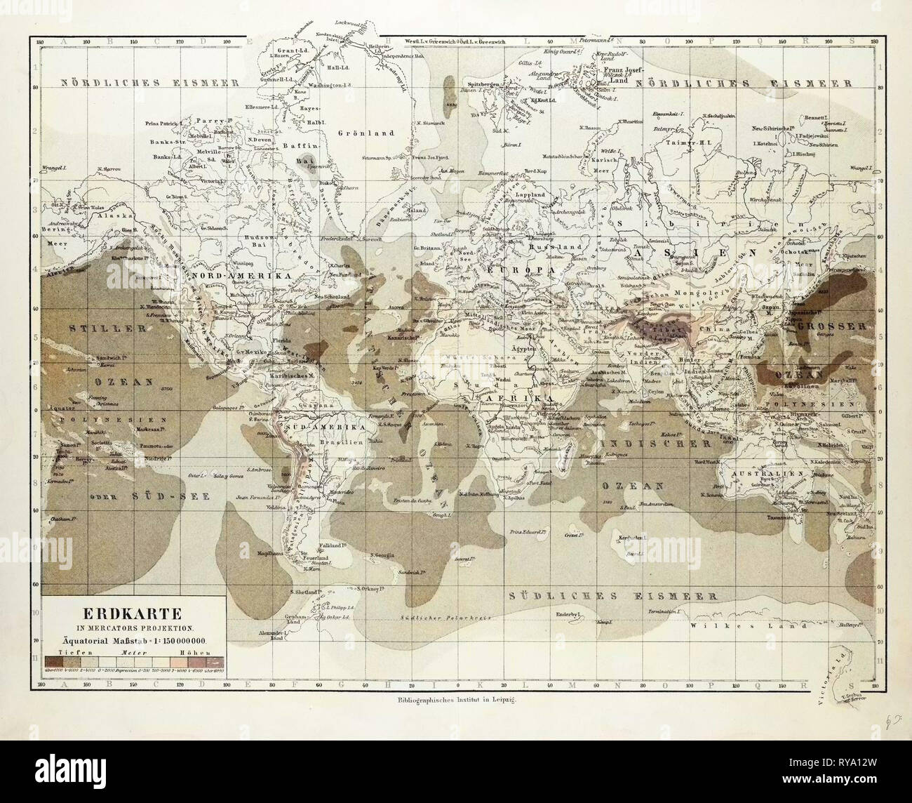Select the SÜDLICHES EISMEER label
pos(609,597)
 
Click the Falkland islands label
pos(334,545)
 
